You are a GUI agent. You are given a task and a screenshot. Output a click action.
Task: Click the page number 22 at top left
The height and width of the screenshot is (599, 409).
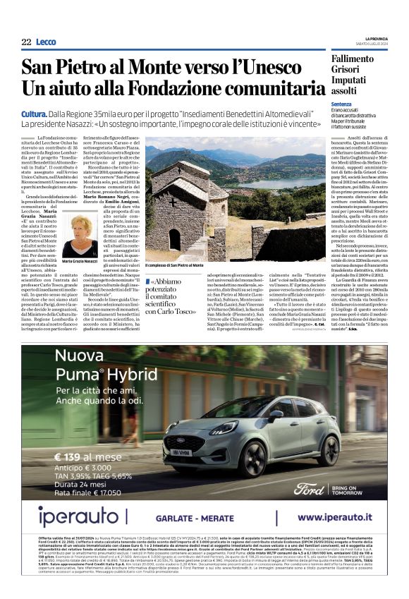coord(26,42)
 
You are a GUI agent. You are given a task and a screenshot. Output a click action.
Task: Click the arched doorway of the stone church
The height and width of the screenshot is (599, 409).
coord(175,239)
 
